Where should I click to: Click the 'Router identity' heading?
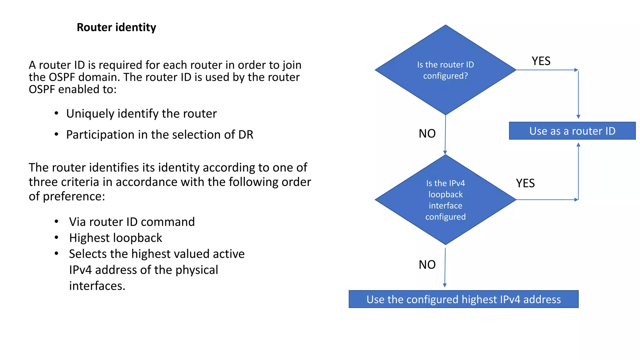coord(116,27)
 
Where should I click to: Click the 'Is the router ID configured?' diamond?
coord(445,70)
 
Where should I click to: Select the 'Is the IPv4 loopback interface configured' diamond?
coord(445,200)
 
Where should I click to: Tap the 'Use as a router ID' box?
coord(572,131)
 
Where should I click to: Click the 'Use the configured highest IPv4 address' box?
coord(463,299)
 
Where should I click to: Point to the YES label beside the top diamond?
coord(541,61)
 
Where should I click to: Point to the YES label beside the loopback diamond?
coord(525,183)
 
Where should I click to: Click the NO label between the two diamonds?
coord(427,134)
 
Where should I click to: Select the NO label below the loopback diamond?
coord(427,265)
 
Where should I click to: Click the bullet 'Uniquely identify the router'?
coord(141,114)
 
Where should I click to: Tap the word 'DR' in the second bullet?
coord(246,135)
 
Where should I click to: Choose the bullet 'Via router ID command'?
coord(132,222)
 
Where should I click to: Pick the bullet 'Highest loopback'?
coord(115,238)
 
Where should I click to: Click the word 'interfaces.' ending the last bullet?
coord(97,286)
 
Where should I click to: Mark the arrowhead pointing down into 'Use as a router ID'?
coord(578,117)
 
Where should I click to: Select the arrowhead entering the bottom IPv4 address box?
coord(445,285)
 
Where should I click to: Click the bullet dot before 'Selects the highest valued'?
coord(56,253)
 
